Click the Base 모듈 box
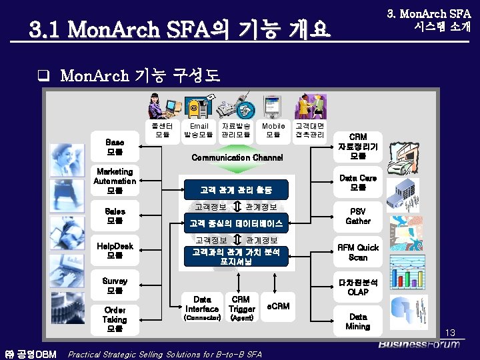pyautogui.click(x=115, y=147)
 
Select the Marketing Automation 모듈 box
pyautogui.click(x=115, y=181)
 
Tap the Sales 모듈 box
pyautogui.click(x=115, y=216)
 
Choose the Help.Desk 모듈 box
pyautogui.click(x=115, y=251)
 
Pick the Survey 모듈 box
pyautogui.click(x=115, y=285)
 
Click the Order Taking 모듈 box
pyautogui.click(x=115, y=319)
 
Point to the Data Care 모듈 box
pyautogui.click(x=358, y=183)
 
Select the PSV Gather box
pyautogui.click(x=358, y=216)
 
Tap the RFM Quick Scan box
pyautogui.click(x=358, y=252)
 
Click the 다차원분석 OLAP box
pyautogui.click(x=358, y=287)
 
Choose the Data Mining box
pyautogui.click(x=358, y=322)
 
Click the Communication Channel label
pyautogui.click(x=237, y=157)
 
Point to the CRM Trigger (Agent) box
pyautogui.click(x=241, y=309)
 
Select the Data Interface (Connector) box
pyautogui.click(x=202, y=309)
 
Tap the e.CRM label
pyautogui.click(x=278, y=306)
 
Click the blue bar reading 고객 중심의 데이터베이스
pyautogui.click(x=236, y=223)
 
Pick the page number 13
pyautogui.click(x=450, y=332)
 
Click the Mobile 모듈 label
pyautogui.click(x=273, y=130)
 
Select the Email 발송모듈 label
pyautogui.click(x=199, y=130)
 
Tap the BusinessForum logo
pyautogui.click(x=419, y=344)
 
